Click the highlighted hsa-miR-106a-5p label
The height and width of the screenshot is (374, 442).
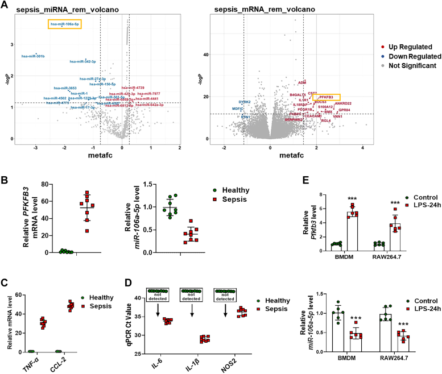click(64, 24)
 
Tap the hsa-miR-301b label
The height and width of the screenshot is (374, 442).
click(33, 56)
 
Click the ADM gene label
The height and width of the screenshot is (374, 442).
click(302, 83)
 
